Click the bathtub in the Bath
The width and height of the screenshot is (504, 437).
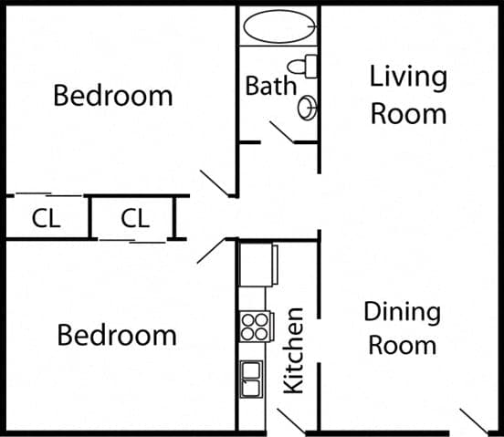278,26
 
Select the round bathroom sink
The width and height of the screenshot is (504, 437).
308,109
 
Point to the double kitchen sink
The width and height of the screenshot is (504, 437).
251,378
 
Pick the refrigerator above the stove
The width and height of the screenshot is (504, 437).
255,264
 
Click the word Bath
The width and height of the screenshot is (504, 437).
270,87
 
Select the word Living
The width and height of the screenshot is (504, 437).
408,77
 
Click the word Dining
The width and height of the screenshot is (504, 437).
402,312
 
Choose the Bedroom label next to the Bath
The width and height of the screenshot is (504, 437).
112,95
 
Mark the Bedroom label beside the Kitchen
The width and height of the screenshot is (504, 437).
116,335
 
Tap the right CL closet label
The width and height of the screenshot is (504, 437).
134,219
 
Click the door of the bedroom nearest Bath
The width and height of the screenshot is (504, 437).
216,182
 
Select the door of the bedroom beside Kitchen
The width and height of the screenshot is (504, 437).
211,250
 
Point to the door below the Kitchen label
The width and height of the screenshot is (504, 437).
291,421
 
